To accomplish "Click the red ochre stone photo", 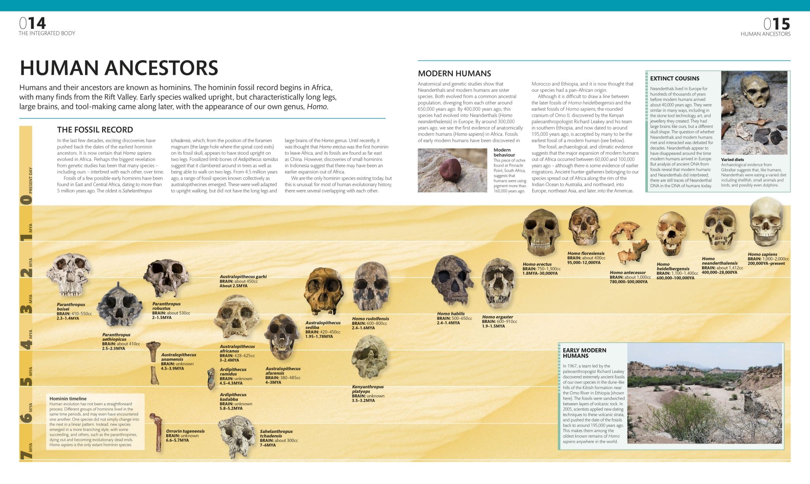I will click(452, 170).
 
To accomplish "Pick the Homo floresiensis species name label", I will click(586, 253).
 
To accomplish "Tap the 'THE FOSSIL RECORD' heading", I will click(95, 129).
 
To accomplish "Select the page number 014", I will click(33, 24).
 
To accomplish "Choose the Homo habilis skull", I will click(452, 281).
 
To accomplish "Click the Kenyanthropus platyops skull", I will click(369, 356).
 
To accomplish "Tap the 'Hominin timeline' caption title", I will click(68, 399).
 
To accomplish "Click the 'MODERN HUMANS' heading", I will click(454, 73).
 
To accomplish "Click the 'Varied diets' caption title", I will click(732, 159).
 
